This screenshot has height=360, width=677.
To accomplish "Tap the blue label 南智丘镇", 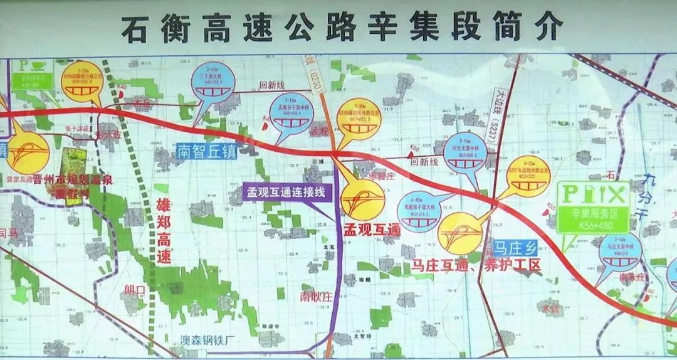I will (207, 151).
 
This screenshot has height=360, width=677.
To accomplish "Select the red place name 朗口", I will (134, 289).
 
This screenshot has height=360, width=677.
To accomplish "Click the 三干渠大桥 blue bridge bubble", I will (213, 82).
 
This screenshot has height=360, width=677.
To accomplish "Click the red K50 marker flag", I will (414, 148).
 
